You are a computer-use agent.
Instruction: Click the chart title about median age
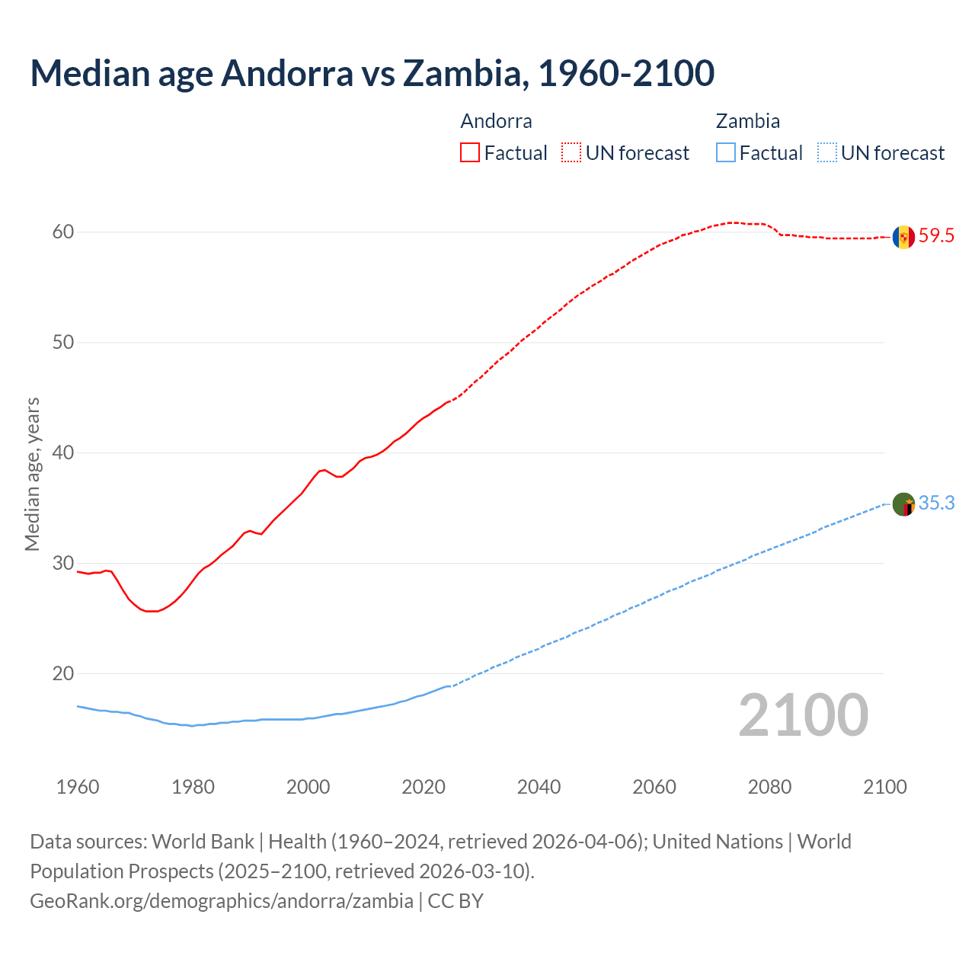[372, 73]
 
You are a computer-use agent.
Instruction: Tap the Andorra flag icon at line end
[903, 237]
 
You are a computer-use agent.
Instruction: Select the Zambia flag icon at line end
[903, 504]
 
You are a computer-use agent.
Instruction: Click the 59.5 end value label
[936, 236]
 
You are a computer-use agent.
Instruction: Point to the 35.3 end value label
[936, 503]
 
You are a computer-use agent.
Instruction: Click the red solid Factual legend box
[470, 153]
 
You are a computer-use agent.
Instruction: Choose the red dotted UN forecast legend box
[571, 153]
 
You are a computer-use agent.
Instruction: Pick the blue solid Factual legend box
[726, 153]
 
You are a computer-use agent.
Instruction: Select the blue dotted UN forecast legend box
[827, 153]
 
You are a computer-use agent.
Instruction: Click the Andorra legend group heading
[496, 121]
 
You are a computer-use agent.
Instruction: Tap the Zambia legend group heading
[747, 121]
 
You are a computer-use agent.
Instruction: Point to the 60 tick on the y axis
[63, 232]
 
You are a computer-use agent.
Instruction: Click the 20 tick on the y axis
[63, 674]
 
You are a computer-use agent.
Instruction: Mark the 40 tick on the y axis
[63, 453]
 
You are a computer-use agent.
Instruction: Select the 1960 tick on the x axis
[78, 787]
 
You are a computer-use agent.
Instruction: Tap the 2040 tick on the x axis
[539, 787]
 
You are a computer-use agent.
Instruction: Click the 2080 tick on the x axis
[769, 787]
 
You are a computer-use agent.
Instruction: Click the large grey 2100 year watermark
[803, 715]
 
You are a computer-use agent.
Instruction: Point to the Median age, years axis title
[32, 474]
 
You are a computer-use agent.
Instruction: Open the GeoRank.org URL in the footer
[221, 901]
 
